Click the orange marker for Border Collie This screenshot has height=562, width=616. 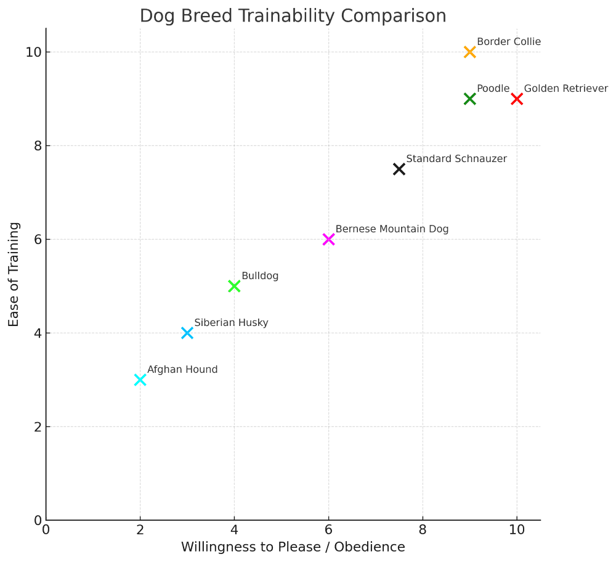[470, 52]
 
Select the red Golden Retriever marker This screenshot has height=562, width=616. [517, 99]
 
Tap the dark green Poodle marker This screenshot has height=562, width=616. [470, 99]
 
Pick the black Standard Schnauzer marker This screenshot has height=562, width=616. [399, 169]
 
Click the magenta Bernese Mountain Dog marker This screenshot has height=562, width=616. [328, 239]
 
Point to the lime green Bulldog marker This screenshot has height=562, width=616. [234, 286]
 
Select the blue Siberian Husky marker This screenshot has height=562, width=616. [187, 333]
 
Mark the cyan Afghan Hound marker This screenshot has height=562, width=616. [140, 380]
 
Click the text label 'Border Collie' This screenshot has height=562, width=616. [509, 42]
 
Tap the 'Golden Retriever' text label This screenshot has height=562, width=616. [565, 89]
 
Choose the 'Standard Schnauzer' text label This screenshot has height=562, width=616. [456, 159]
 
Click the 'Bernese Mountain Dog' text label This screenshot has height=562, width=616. [392, 229]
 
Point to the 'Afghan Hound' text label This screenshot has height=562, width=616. [182, 370]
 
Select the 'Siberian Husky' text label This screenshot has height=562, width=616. [231, 323]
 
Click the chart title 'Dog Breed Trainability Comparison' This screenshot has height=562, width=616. [293, 15]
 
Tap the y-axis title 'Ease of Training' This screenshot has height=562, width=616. [14, 274]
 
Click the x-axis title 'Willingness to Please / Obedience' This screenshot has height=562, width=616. [293, 547]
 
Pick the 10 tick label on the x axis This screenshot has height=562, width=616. [517, 530]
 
